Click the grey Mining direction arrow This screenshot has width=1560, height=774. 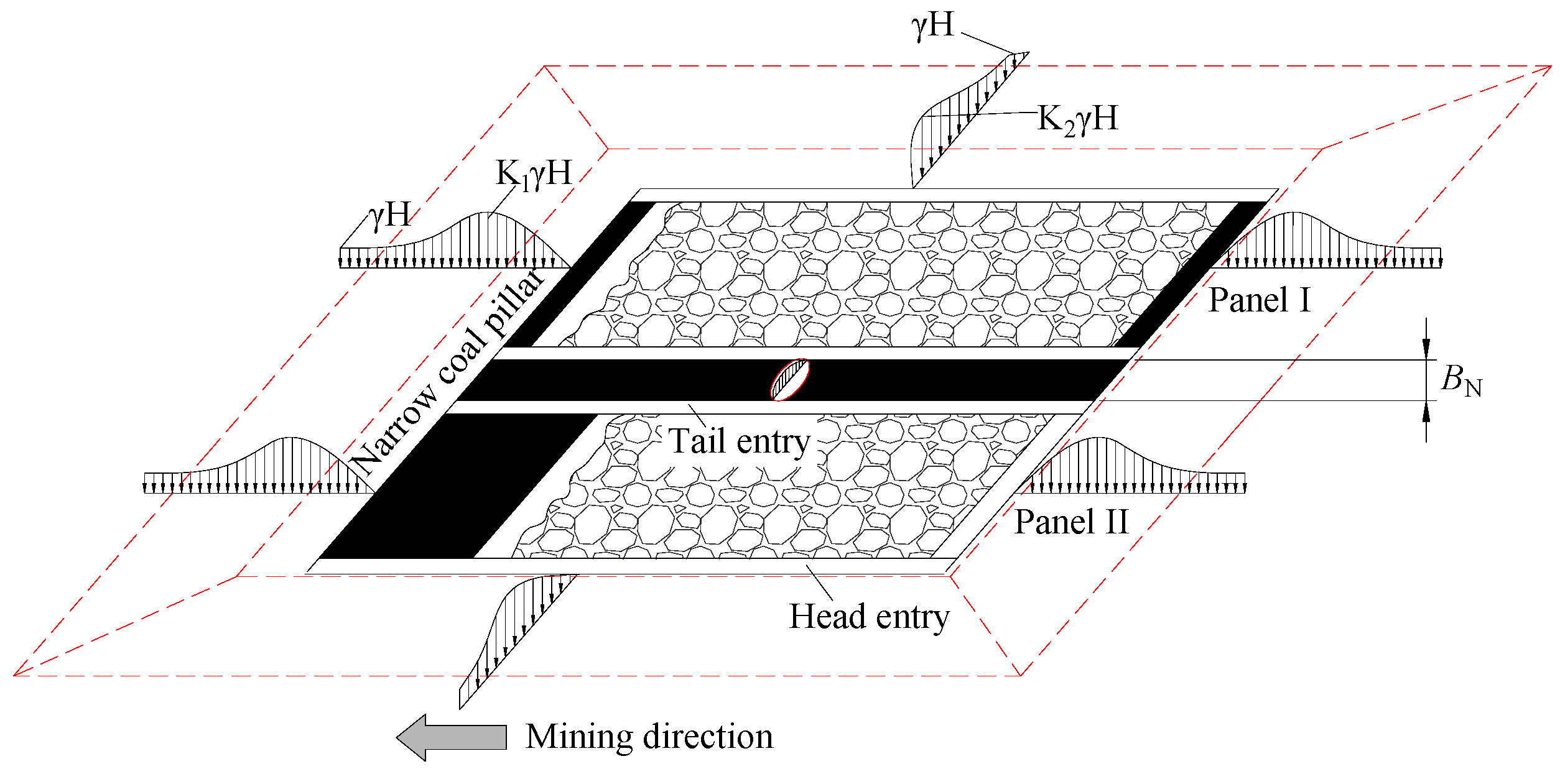coord(452,737)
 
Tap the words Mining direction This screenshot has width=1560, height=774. coord(649,737)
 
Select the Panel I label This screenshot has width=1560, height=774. coord(1260,301)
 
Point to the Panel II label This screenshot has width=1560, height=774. coord(1071,522)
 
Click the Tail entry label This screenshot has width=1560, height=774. coord(739,442)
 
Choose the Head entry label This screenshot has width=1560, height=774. coord(869,617)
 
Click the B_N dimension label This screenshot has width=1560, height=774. coord(1461,380)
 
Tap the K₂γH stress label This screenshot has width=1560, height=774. coord(1077,119)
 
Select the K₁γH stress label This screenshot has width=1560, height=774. coord(533,173)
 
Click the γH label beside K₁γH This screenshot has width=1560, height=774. coord(390,215)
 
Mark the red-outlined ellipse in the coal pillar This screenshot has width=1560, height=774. coord(790,379)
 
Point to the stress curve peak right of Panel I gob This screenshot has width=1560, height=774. coord(1294,213)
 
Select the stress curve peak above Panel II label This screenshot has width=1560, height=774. coord(1098,438)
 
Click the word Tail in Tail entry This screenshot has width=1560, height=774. coord(696,442)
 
